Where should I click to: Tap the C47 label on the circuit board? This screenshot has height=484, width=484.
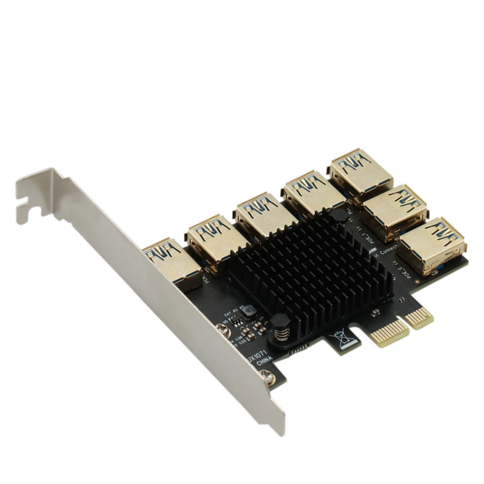tap(227, 314)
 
